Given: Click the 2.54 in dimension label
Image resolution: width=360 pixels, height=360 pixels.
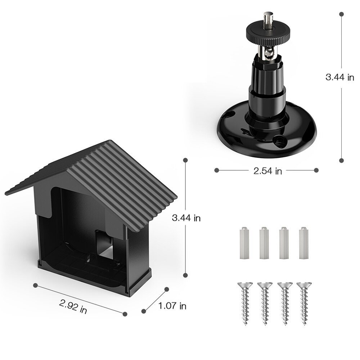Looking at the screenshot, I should click(x=267, y=171).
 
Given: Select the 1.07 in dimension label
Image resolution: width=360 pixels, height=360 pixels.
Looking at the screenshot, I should click(x=172, y=306).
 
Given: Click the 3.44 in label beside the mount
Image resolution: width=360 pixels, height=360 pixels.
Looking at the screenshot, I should click(x=339, y=77).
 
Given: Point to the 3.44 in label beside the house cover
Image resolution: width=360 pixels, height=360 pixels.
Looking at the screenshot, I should click(x=186, y=218).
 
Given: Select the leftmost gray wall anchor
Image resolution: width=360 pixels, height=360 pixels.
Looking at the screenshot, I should click(x=244, y=243).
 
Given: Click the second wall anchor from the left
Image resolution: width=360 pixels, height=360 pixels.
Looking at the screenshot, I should click(x=264, y=243).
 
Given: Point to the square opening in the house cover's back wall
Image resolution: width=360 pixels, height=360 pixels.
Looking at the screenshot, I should click(x=104, y=245).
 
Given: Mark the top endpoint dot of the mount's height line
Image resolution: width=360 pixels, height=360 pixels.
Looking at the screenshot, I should click(x=341, y=14).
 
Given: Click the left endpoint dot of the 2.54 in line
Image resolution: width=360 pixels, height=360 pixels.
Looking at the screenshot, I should click(x=216, y=170).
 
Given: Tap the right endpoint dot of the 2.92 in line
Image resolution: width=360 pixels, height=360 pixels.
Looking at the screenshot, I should click(x=125, y=314).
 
